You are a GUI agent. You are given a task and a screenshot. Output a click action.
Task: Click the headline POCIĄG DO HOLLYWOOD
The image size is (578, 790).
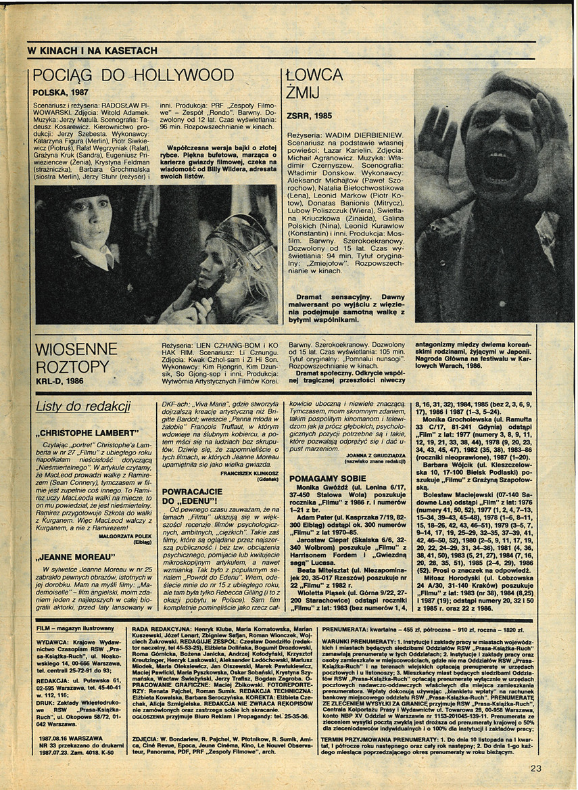pyautogui.click(x=133, y=74)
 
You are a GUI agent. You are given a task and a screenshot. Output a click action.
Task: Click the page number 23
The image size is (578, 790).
pyautogui.click(x=536, y=768)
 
